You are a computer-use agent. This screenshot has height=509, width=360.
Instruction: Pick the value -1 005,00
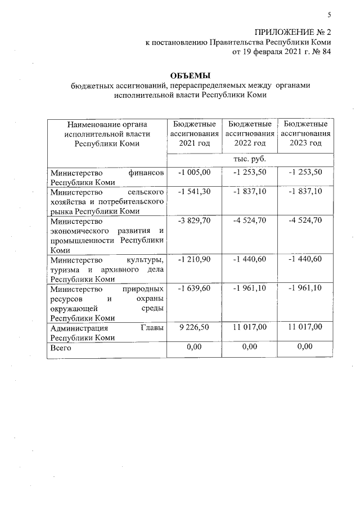(194, 172)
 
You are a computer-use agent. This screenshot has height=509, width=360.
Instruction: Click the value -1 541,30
(194, 192)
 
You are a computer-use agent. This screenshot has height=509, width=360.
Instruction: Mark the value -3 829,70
(194, 220)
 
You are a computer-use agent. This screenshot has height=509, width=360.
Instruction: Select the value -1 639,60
(194, 289)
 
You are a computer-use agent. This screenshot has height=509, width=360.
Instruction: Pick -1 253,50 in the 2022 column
(250, 172)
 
